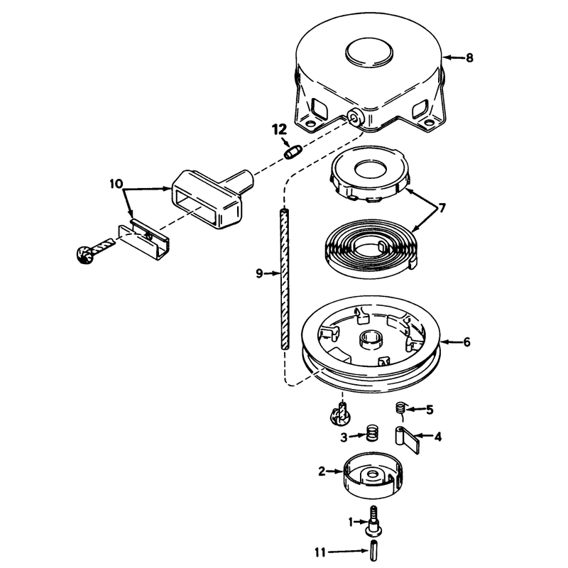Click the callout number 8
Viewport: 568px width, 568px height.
[469, 58]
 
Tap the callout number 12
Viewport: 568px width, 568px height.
[279, 129]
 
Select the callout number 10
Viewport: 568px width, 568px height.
[116, 184]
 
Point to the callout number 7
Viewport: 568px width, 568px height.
[442, 208]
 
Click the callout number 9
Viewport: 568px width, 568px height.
[259, 273]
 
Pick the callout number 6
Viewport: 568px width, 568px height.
[466, 342]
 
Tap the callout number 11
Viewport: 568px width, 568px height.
[320, 553]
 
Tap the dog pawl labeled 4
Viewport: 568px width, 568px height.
[406, 439]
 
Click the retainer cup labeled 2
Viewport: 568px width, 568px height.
[373, 474]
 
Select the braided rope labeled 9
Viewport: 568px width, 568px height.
[285, 279]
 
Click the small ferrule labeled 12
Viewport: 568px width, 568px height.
[293, 151]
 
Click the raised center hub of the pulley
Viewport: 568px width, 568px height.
[369, 340]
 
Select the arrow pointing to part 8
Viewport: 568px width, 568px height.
[453, 58]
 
